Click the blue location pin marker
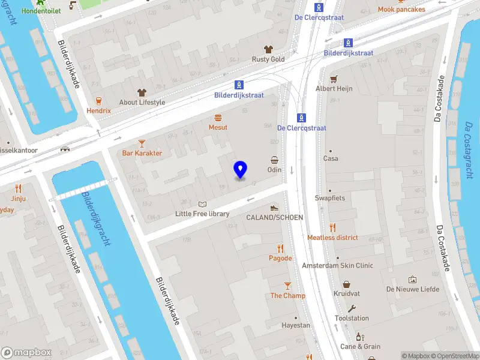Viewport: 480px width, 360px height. coord(241,170)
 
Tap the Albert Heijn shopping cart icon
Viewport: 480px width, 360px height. coord(334,78)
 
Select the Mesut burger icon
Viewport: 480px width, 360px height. coord(218,117)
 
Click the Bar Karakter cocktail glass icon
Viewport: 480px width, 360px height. coord(142,143)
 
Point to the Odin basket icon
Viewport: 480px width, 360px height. coord(274,160)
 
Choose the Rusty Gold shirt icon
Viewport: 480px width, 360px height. coord(268,49)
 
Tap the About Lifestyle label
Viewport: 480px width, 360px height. coord(142,103)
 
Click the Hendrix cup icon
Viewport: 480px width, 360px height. coord(98,101)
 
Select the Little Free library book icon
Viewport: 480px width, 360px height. coord(202,204)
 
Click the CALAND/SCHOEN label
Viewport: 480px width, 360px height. coord(274,217)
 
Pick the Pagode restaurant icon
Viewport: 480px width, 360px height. coord(280,248)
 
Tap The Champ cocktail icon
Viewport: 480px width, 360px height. coord(287,286)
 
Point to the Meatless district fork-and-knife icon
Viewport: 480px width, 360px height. coord(332,227)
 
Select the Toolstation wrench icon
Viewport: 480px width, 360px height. coord(352,308)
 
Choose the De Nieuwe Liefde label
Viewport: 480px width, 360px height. coord(413,289)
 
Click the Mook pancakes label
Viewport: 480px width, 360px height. coord(401,10)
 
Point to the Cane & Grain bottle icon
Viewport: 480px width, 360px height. coord(360,337)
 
